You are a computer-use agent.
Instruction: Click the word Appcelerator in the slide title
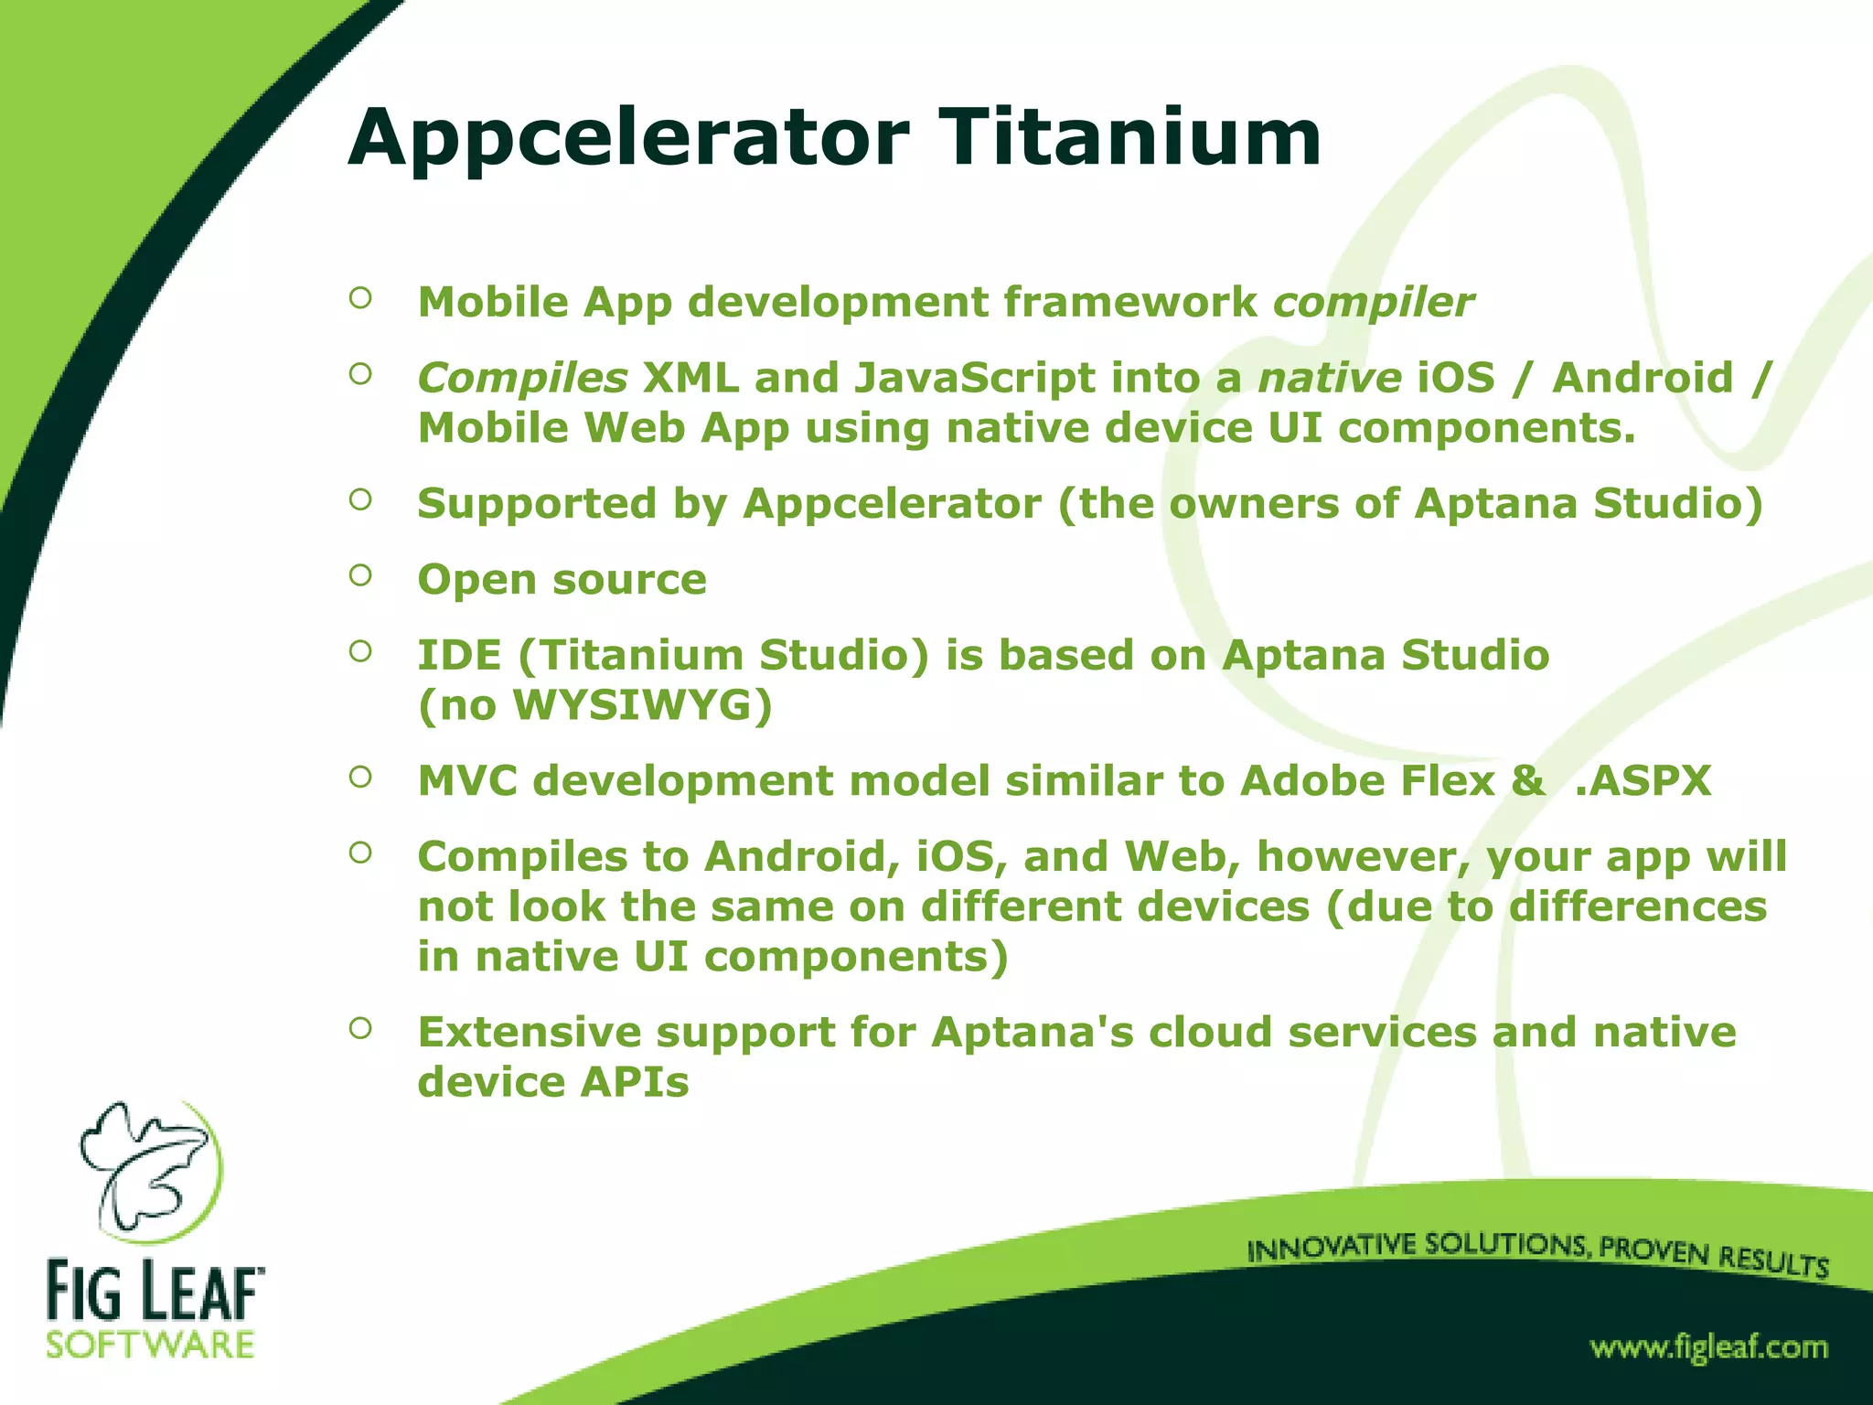[628, 139]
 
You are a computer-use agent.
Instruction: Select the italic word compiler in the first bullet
[1373, 303]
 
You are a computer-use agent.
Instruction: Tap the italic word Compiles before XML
[522, 379]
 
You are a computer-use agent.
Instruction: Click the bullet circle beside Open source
[360, 575]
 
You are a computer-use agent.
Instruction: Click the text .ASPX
[1643, 781]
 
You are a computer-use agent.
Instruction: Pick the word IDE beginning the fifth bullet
[459, 656]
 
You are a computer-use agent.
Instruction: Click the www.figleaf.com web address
[1708, 1347]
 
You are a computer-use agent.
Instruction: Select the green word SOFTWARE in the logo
[150, 1346]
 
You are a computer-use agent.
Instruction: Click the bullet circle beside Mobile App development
[360, 297]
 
